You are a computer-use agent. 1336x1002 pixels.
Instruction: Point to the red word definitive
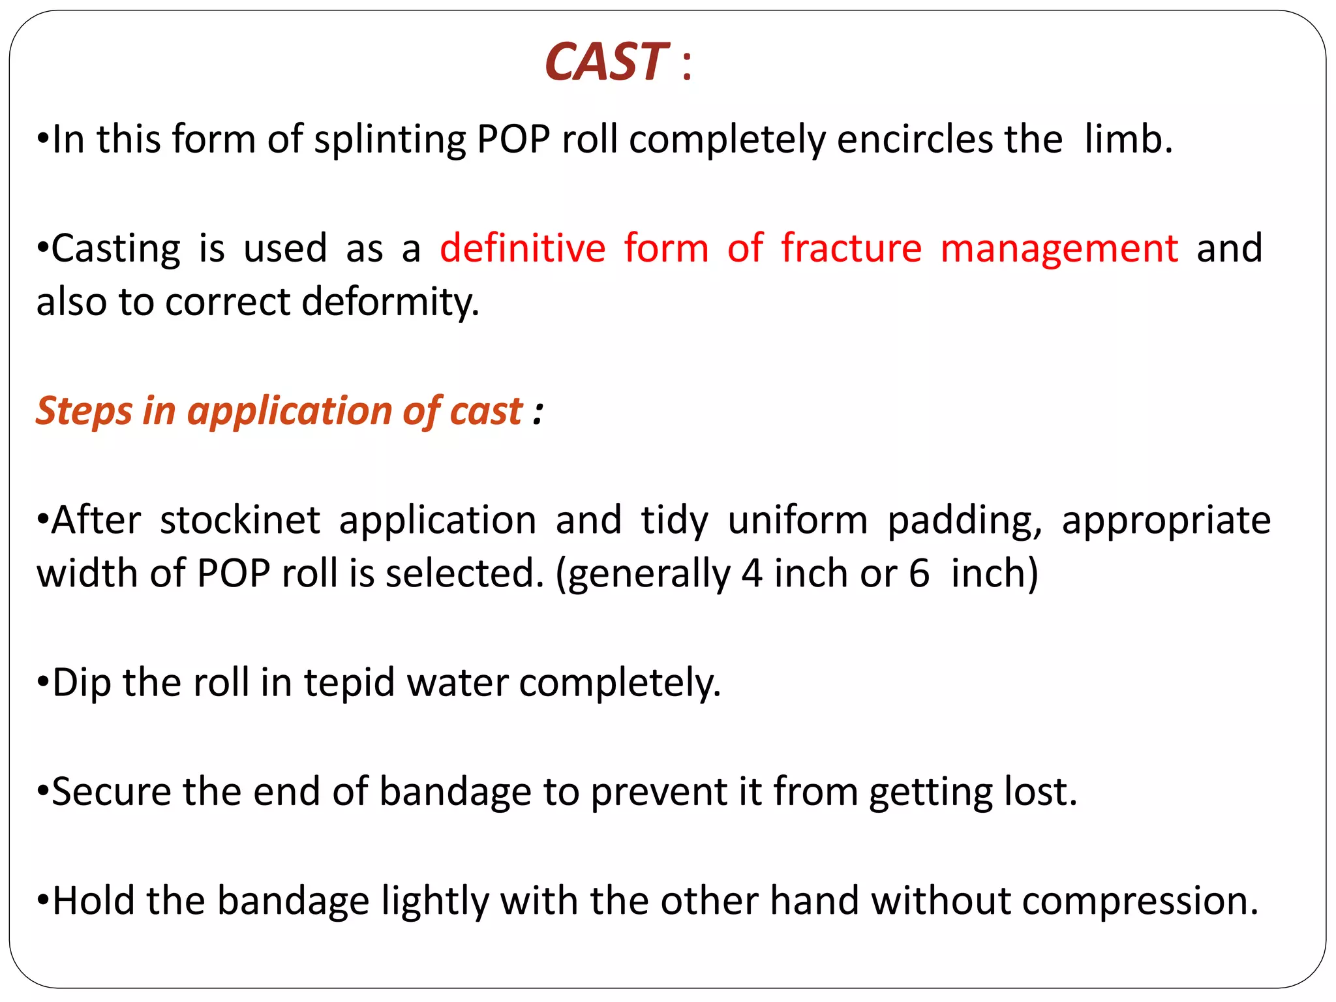click(x=523, y=249)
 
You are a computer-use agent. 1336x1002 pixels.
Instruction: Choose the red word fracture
click(x=851, y=249)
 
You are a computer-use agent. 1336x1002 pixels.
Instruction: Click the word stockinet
click(x=239, y=521)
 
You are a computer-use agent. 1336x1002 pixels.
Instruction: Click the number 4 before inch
click(x=751, y=574)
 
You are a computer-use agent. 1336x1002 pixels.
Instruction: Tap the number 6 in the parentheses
click(x=918, y=574)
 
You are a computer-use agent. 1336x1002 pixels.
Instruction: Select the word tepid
click(x=349, y=684)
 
